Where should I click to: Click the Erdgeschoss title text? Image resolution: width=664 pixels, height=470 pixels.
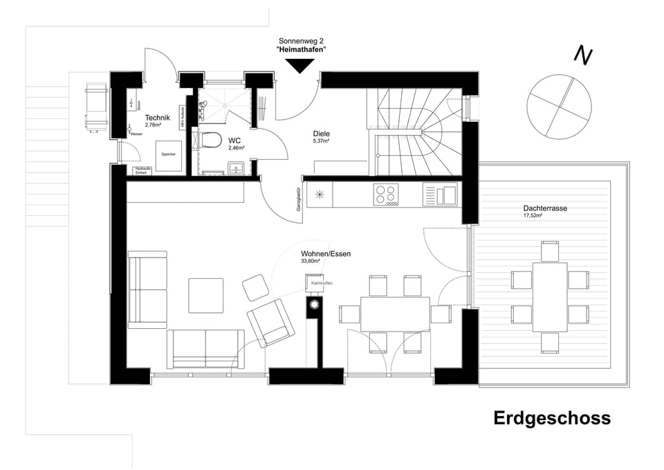551,418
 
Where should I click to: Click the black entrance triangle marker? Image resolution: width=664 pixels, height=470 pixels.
301,66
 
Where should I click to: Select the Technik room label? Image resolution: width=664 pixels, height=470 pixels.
158,118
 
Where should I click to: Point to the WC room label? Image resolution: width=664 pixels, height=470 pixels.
234,139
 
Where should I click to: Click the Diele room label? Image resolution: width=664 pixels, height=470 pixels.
321,134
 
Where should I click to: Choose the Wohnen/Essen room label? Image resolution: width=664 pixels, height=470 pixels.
325,254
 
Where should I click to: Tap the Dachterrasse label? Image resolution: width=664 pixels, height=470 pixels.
542,208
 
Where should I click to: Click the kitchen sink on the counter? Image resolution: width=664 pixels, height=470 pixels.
440,195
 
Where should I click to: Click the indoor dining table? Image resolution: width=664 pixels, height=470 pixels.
394,314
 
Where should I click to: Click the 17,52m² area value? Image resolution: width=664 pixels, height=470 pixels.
533,216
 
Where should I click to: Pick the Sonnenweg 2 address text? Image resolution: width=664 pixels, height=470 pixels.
301,42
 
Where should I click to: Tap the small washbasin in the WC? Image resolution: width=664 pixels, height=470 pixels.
236,168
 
